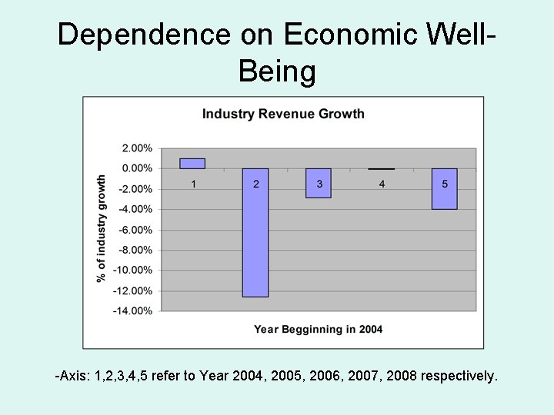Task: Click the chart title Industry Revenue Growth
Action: coord(283,115)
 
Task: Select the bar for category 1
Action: coord(192,163)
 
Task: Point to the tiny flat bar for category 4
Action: coord(381,168)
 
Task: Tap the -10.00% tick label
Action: coord(132,271)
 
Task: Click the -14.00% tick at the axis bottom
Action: coord(132,311)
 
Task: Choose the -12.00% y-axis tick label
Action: coord(132,290)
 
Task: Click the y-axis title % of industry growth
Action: coord(102,229)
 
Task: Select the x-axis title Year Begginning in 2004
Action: coord(318,330)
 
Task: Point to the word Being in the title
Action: coord(277,71)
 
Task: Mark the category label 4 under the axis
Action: coord(382,184)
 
